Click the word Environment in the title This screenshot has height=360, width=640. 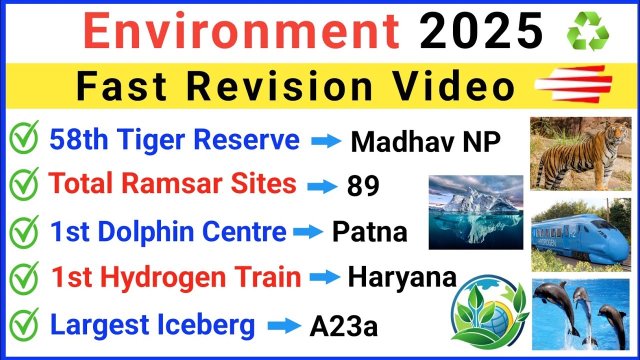coord(241,30)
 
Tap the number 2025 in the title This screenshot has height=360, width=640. coord(481,30)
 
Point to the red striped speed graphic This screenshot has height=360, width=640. coord(573,84)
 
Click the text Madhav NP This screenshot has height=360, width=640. coord(425,142)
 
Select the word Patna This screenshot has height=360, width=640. coord(369,232)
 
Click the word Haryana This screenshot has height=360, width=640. coord(402,277)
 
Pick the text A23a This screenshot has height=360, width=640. coord(343,327)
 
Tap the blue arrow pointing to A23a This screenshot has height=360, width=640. coord(284,327)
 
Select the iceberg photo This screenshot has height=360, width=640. coord(475,212)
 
